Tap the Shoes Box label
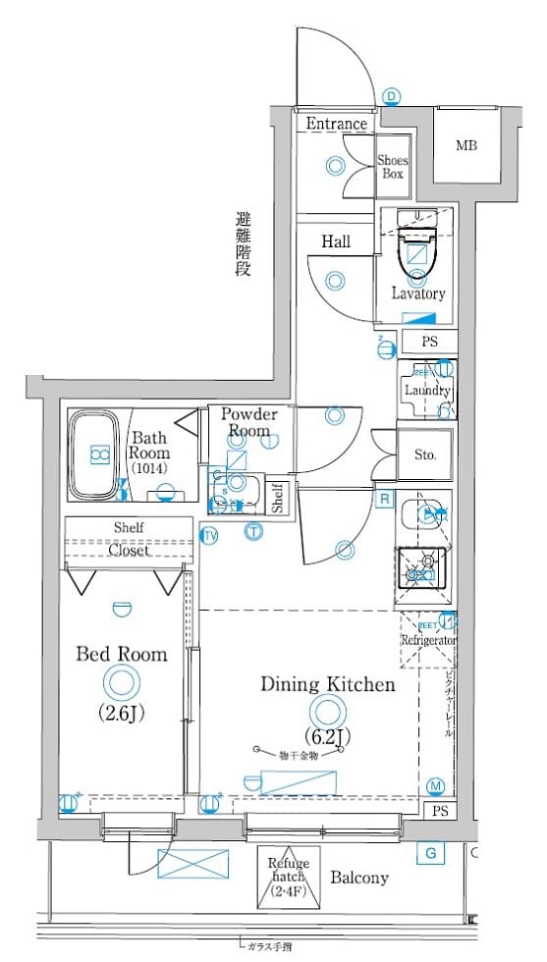(x=393, y=167)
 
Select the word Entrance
(x=336, y=124)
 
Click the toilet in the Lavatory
(x=417, y=251)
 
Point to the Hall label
(x=335, y=241)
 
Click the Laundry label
(x=426, y=390)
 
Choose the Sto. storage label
(x=424, y=454)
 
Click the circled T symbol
(x=253, y=532)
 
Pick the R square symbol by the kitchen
(x=386, y=500)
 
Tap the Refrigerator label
(x=429, y=640)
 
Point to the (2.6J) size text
(x=123, y=713)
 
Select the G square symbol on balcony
(x=429, y=853)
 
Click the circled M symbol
(x=436, y=785)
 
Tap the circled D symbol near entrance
(x=392, y=95)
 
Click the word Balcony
(x=358, y=878)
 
